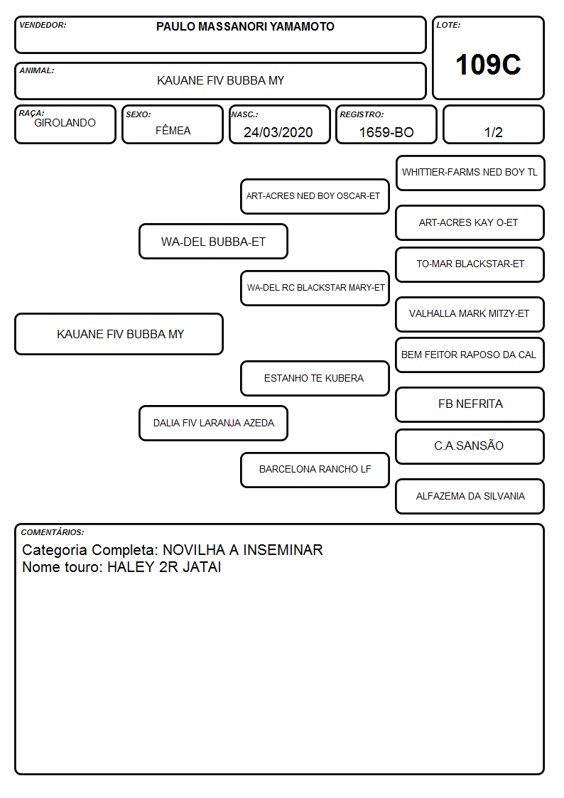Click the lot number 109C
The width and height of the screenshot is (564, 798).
click(488, 65)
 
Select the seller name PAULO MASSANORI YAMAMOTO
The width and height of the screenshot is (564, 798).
click(245, 26)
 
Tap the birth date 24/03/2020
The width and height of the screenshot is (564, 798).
click(278, 132)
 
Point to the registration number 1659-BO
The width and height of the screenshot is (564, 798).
click(386, 132)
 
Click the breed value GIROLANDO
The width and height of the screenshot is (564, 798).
click(65, 123)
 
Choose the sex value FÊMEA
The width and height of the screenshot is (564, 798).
click(173, 131)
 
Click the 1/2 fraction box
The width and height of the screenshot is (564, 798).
click(493, 124)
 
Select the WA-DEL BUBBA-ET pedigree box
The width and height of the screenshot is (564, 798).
click(214, 242)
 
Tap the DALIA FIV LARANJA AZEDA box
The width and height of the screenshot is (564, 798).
click(214, 423)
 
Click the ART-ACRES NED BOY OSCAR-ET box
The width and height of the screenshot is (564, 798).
click(315, 196)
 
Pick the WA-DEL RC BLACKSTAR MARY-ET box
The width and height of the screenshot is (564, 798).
click(315, 288)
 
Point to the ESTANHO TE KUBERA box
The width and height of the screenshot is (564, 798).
click(315, 378)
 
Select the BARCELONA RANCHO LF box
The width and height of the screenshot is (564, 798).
click(315, 470)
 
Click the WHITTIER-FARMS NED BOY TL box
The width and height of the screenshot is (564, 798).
click(470, 173)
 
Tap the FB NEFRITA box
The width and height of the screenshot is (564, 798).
click(470, 404)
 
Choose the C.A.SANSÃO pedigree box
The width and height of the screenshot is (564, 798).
click(470, 446)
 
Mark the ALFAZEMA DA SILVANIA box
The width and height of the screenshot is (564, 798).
click(470, 496)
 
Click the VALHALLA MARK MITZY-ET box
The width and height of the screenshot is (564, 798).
click(470, 314)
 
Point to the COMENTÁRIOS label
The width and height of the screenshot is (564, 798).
click(53, 532)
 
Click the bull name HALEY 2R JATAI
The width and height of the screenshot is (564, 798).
click(164, 567)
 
